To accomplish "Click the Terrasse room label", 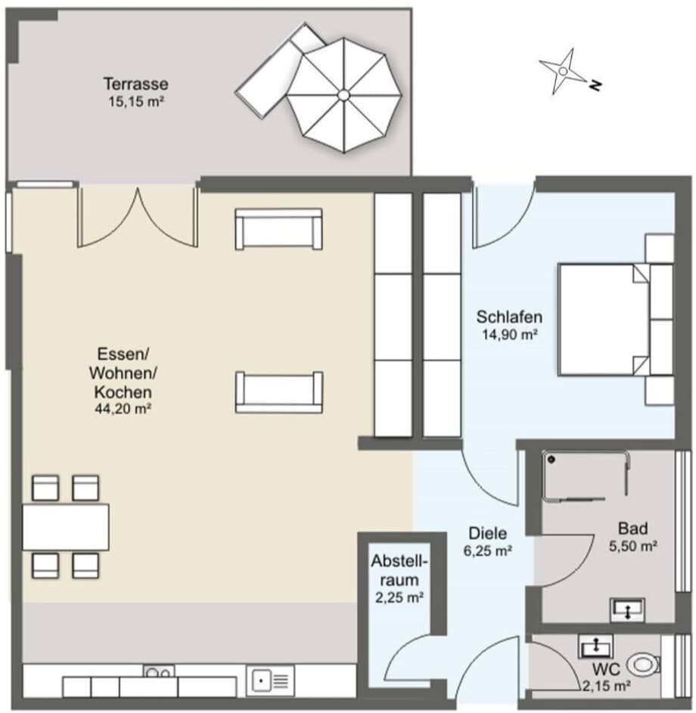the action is (x=135, y=84).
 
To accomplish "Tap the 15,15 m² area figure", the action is (x=135, y=102).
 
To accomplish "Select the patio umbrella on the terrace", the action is (x=344, y=95).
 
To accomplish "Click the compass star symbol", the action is (x=563, y=71).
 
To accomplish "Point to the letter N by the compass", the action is (x=595, y=85).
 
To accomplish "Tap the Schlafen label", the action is (x=509, y=317).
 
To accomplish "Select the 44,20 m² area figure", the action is (x=123, y=408).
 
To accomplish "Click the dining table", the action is (x=66, y=527).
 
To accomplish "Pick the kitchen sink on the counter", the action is (x=270, y=680).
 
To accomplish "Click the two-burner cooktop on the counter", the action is (x=159, y=671).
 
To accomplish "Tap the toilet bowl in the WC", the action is (x=643, y=665).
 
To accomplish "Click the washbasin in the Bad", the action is (x=627, y=609).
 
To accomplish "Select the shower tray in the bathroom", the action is (x=586, y=476).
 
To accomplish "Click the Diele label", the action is (x=488, y=533).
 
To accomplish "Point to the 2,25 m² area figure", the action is (x=399, y=597).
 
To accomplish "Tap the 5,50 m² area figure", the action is (x=632, y=546).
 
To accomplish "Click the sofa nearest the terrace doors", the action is (x=279, y=229).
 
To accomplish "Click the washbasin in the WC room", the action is (x=596, y=646).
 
